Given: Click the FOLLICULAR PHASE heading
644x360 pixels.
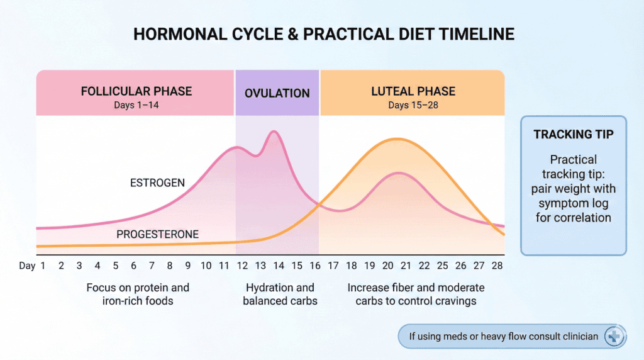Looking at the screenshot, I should click(x=136, y=91).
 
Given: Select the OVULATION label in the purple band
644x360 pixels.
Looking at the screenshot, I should click(x=277, y=93).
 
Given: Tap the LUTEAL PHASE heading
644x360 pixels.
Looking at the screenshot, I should click(x=413, y=91).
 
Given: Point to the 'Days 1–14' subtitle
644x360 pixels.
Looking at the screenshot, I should click(x=136, y=105).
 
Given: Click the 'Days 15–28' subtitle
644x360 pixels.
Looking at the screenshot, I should click(x=413, y=105).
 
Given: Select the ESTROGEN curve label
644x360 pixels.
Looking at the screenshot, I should click(x=157, y=183).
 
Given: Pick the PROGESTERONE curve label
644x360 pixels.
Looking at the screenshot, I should click(x=157, y=235).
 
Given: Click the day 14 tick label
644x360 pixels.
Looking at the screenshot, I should click(x=279, y=266).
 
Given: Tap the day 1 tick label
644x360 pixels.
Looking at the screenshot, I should click(x=43, y=266).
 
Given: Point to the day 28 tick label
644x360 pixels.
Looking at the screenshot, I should click(x=497, y=266).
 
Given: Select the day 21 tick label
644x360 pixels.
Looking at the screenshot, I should click(x=406, y=266).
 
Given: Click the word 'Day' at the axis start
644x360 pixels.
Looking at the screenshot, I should click(x=27, y=266).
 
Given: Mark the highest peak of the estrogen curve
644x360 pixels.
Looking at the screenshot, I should click(x=274, y=132).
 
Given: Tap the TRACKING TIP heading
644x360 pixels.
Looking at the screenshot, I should click(x=574, y=135).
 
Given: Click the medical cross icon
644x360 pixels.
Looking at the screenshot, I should click(x=614, y=337).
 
